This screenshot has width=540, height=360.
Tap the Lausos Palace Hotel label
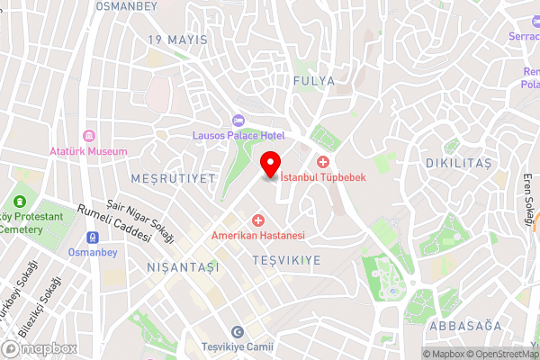(x=238, y=135)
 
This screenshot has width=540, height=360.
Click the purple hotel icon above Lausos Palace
(x=238, y=120)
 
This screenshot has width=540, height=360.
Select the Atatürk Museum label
(x=88, y=151)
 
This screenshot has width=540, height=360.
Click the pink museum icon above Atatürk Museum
(x=88, y=135)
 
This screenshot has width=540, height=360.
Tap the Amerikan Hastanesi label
(x=258, y=236)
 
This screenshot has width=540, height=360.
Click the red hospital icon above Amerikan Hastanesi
(x=258, y=220)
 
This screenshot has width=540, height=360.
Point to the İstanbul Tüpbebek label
(x=322, y=177)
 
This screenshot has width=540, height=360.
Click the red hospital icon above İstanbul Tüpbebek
(x=322, y=162)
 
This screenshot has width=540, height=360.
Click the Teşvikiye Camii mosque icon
(x=238, y=332)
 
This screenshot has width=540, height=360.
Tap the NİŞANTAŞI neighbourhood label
(x=183, y=267)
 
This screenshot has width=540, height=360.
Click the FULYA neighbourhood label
(x=314, y=80)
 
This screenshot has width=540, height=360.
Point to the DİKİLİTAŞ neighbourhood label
(x=458, y=163)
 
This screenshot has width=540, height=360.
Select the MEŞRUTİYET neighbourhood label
(x=173, y=178)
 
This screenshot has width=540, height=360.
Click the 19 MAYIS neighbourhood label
(x=177, y=40)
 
